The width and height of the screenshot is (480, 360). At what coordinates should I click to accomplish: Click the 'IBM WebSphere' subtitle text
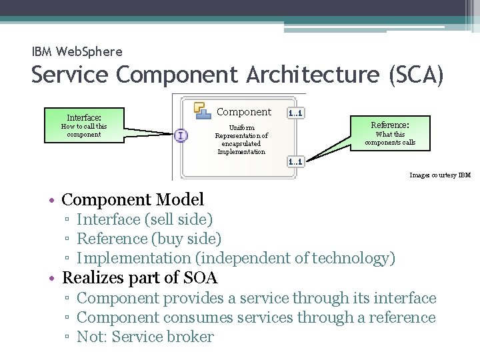(x=77, y=51)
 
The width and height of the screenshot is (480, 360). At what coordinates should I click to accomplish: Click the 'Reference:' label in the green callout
(x=390, y=125)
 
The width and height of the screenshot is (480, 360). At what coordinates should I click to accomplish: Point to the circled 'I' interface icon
(x=181, y=136)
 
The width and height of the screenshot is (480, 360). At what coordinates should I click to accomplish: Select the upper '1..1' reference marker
(x=296, y=113)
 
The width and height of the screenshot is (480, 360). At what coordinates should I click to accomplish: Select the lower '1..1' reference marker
(x=296, y=161)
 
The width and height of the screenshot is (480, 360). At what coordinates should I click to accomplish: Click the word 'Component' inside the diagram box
(x=245, y=112)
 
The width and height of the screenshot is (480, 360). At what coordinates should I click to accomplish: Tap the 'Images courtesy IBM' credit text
(x=439, y=176)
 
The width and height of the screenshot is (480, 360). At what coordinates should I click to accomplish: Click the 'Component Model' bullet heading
(x=133, y=199)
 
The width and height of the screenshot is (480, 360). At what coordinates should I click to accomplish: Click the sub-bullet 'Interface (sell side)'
(x=145, y=219)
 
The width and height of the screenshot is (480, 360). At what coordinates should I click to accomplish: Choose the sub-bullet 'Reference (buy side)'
(x=149, y=238)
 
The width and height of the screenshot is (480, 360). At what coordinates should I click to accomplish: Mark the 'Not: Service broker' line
(x=145, y=337)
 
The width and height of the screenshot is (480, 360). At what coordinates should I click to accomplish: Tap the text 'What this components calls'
(x=390, y=139)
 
